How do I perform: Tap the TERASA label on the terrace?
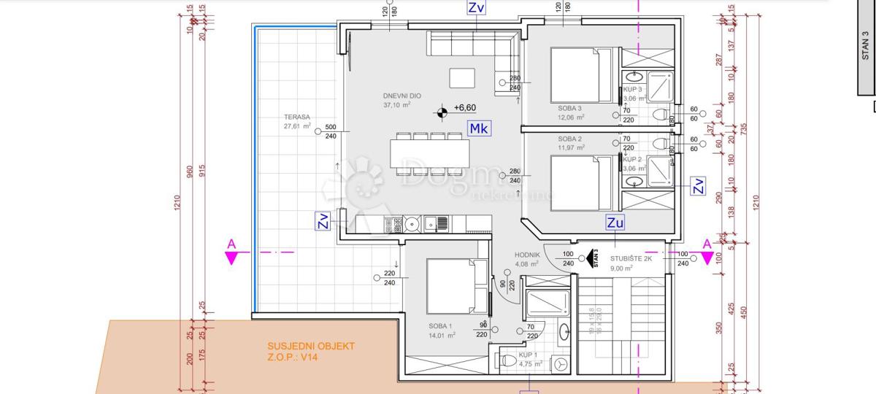click(x=298, y=117)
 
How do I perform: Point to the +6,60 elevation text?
click(x=464, y=108)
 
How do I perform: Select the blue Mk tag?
click(x=479, y=129)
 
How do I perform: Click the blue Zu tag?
click(x=615, y=223)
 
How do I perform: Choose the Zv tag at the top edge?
click(x=477, y=8)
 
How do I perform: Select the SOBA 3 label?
click(x=569, y=108)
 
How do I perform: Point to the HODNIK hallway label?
click(x=527, y=254)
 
